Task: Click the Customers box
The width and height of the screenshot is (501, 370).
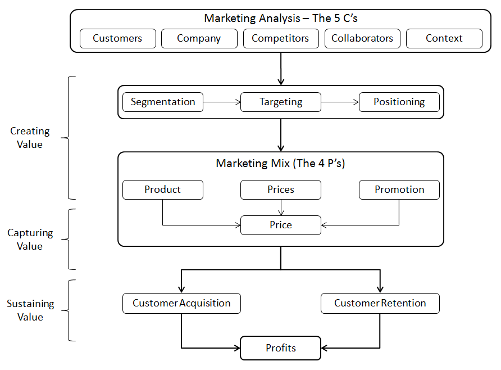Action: point(117,39)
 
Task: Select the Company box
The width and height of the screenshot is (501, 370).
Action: point(199,39)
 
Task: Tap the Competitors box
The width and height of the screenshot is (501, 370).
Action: point(280,39)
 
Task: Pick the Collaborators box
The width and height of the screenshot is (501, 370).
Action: point(362,39)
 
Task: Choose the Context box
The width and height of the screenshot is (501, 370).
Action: point(444,39)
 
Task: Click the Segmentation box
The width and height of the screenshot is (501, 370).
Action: point(163,102)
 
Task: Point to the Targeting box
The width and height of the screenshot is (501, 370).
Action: point(281,102)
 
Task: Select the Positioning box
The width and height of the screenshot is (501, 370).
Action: point(399,102)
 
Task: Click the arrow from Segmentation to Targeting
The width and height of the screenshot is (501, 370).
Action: point(222,102)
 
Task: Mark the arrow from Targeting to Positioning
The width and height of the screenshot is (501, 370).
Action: point(340,102)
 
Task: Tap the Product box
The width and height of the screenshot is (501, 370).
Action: point(163,189)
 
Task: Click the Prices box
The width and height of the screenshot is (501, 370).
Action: point(281,189)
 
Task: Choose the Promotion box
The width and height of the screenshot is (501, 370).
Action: point(399,189)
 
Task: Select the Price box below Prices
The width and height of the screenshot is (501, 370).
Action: point(281,225)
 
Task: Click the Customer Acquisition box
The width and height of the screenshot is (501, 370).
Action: point(181,303)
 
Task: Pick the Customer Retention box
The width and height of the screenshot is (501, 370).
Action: point(380,303)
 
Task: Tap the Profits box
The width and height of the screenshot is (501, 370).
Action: point(281,348)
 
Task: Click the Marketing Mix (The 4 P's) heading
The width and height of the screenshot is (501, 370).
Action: point(281,164)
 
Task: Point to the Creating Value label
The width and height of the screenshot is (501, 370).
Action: point(30,138)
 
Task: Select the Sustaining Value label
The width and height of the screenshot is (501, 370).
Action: point(30,310)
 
